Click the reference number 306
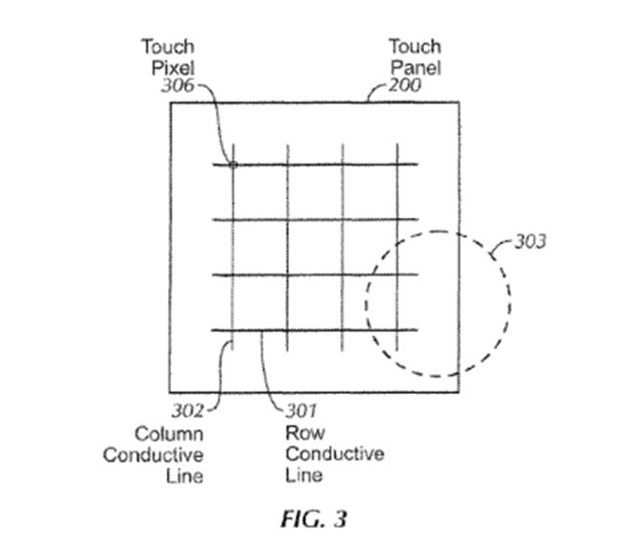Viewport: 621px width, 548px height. (179, 86)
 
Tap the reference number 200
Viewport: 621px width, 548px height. (405, 86)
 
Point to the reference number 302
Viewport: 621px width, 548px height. (187, 412)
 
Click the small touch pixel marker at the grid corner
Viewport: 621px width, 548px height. (232, 164)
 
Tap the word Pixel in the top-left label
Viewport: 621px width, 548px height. (174, 67)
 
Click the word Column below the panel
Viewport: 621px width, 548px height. (168, 433)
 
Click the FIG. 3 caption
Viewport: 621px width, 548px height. (313, 519)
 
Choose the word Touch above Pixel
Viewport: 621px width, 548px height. (168, 47)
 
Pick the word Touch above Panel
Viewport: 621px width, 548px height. (414, 47)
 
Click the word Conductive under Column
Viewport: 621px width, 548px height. (154, 454)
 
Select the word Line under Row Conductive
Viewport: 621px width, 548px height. (304, 475)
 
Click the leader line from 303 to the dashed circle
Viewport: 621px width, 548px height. (500, 251)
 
